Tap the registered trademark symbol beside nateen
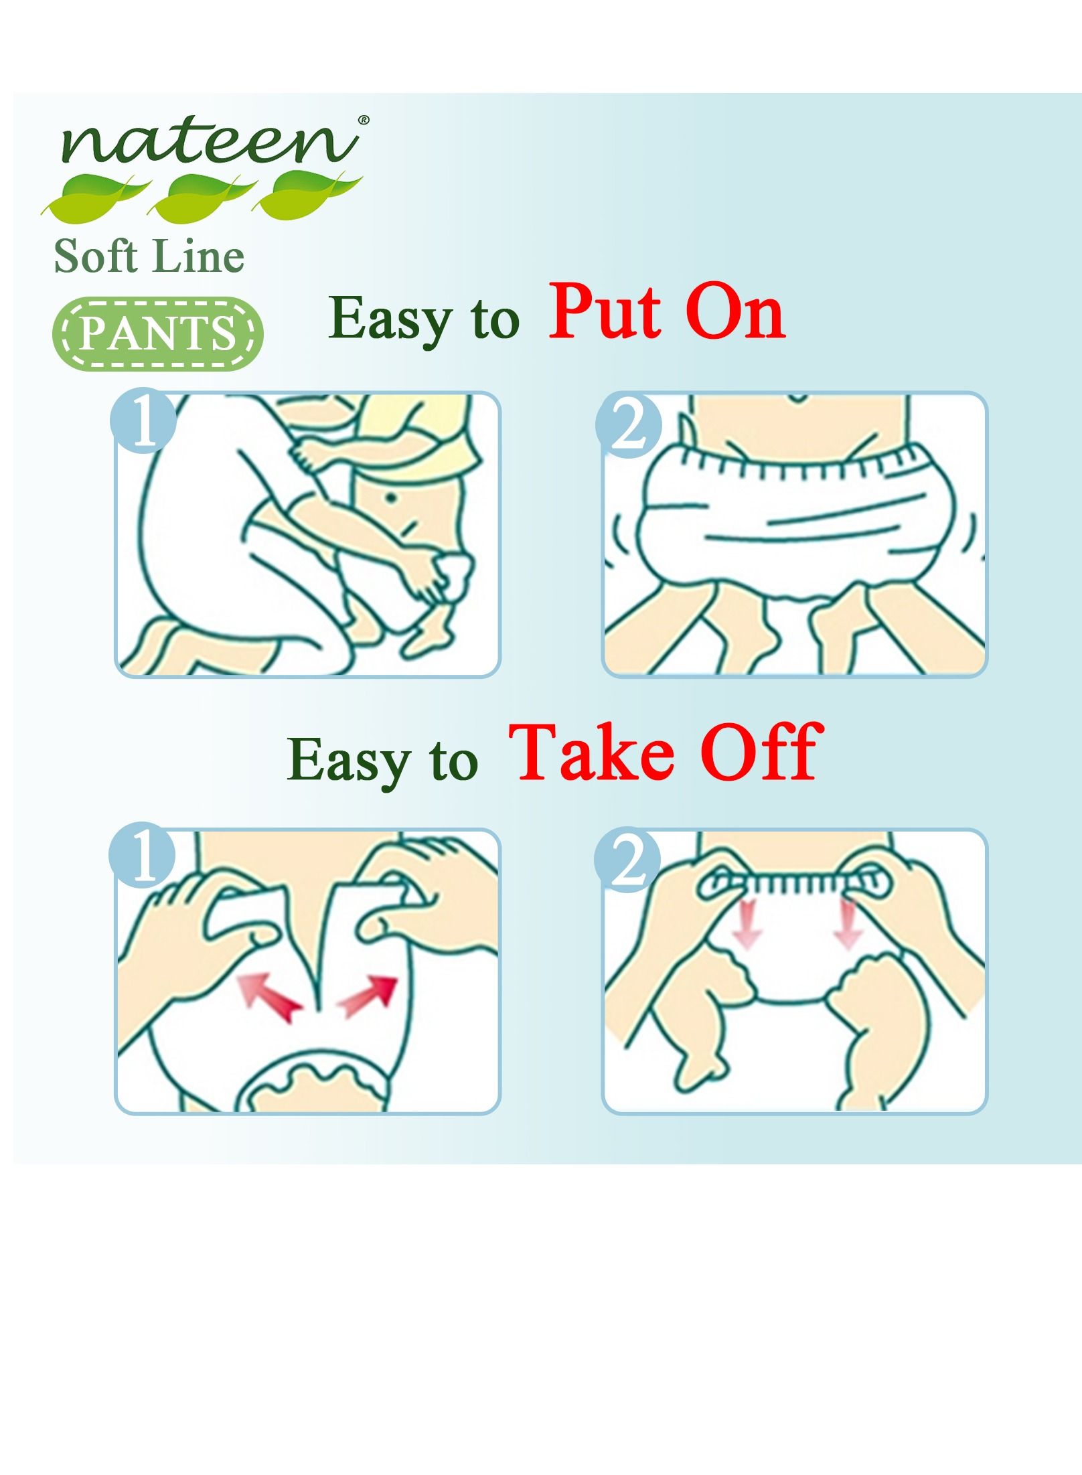[x=363, y=120]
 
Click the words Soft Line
[x=149, y=256]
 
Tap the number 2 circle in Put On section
[x=628, y=424]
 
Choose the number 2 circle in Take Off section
[x=627, y=860]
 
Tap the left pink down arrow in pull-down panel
[x=747, y=924]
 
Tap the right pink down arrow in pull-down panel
[x=848, y=925]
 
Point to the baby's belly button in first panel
[x=389, y=497]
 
